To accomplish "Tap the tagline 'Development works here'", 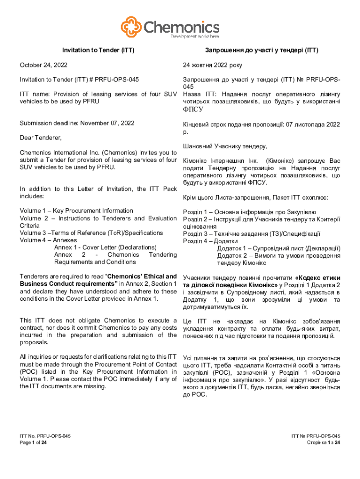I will (195, 36).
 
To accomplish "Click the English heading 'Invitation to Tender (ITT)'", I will (95, 50).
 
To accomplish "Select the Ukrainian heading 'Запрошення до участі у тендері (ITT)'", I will (261, 50).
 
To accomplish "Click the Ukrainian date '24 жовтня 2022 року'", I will (213, 65).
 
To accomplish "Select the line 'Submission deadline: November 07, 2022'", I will (77, 123).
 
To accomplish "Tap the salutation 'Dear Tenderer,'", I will (41, 138).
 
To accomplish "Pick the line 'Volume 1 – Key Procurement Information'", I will (76, 211).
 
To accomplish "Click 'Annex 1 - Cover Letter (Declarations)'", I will (105, 247).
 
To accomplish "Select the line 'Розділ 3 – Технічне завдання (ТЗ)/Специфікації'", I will (252, 234).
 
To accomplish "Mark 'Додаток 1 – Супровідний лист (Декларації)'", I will (279, 248).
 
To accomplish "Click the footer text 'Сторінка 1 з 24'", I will (323, 443).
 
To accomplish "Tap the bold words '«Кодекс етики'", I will (317, 277).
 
